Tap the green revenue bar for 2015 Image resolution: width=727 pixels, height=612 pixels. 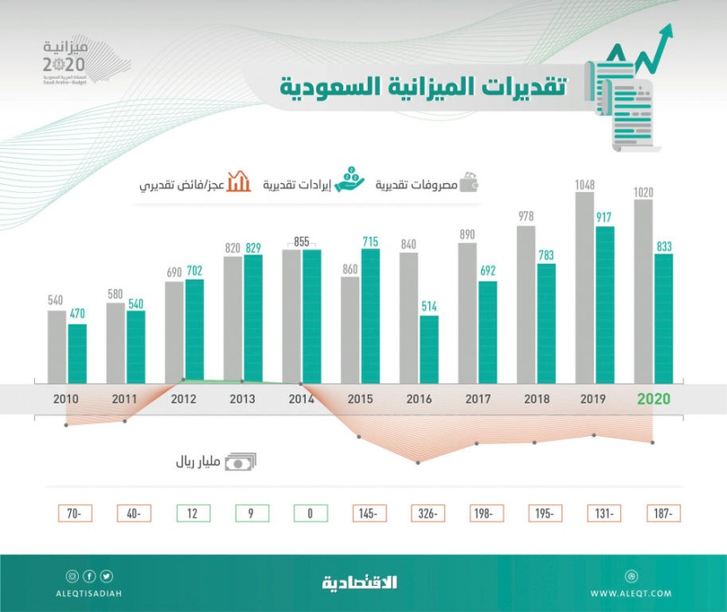(370, 316)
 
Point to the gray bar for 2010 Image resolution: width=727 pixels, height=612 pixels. (56, 346)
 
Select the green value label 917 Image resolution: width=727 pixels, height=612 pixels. (604, 217)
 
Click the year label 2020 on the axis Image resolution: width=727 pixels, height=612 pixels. (653, 399)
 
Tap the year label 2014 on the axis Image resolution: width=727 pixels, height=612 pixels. (301, 399)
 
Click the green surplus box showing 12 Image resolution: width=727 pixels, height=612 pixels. (192, 514)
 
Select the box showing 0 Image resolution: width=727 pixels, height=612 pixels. (310, 514)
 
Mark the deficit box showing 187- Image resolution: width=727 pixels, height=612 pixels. (663, 514)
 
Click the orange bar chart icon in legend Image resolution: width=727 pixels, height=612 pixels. (238, 183)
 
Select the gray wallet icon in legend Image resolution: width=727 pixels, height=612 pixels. (469, 183)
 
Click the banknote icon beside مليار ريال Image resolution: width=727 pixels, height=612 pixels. (241, 462)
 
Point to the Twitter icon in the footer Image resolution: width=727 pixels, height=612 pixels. (106, 576)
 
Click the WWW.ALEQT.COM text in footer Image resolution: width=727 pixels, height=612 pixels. (631, 594)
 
